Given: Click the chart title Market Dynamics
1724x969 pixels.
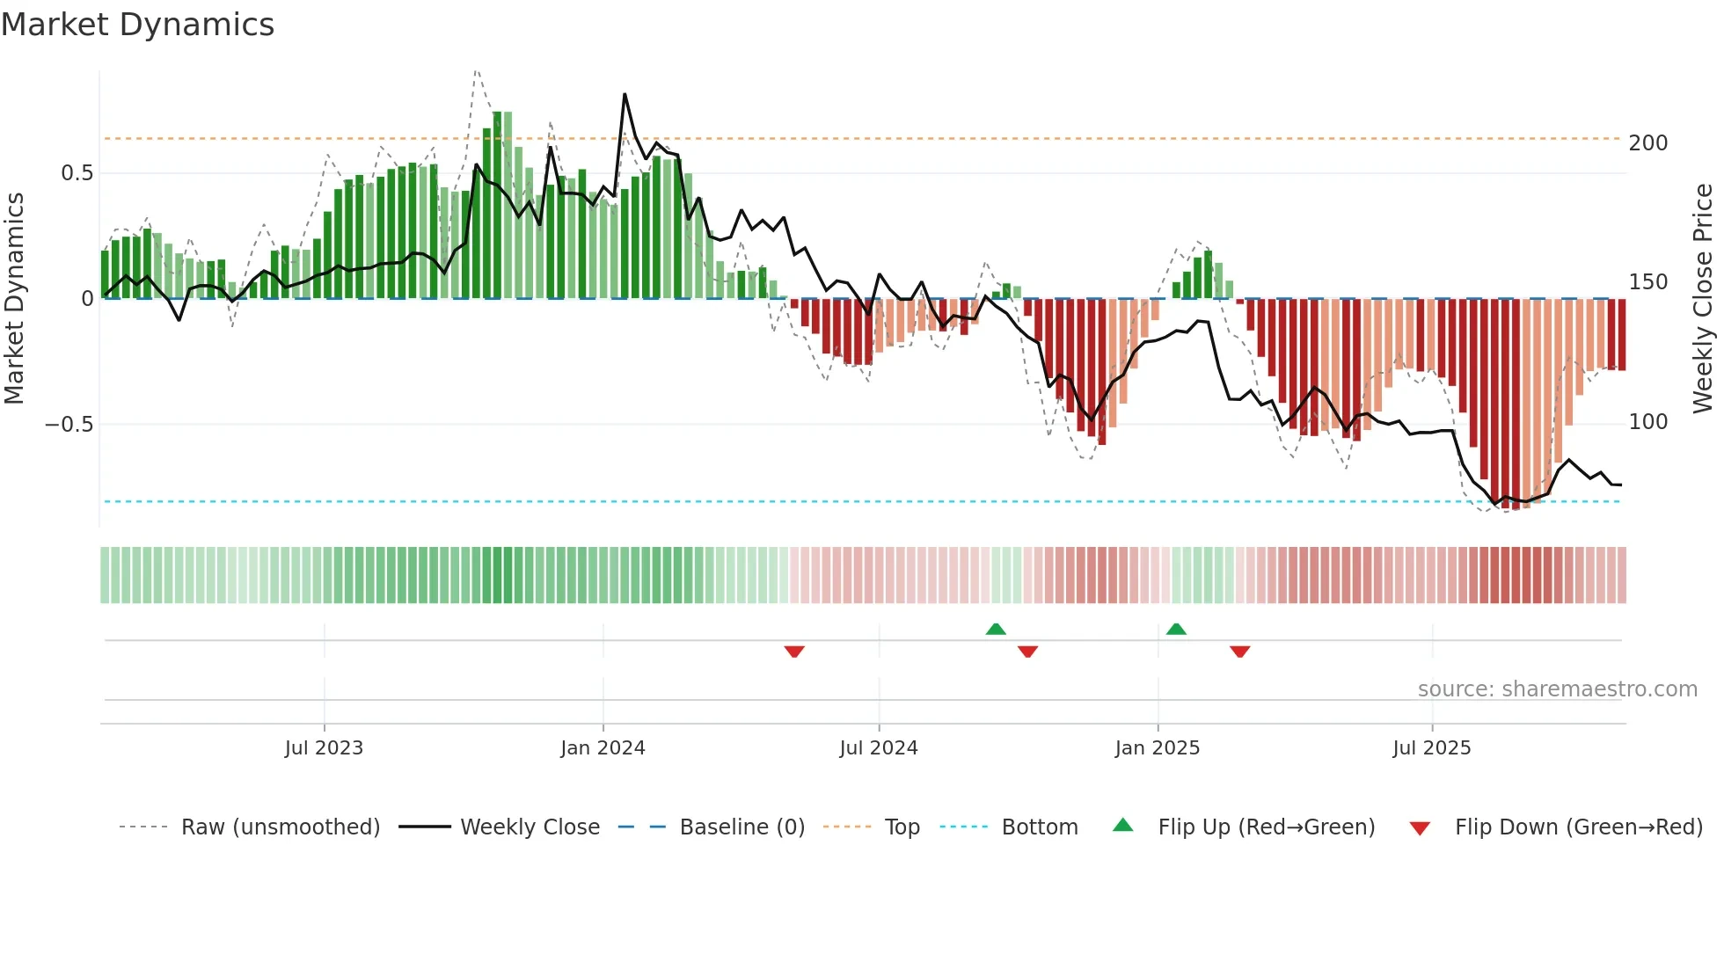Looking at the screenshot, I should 137,25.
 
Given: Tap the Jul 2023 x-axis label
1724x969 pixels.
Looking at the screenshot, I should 324,748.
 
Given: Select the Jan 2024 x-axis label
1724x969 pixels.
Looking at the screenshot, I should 603,748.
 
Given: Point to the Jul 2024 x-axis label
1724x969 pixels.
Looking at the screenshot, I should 878,748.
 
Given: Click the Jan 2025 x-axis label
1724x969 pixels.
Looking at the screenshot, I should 1157,748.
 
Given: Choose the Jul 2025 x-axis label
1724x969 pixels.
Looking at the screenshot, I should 1431,748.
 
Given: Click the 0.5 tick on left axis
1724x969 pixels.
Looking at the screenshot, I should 77,173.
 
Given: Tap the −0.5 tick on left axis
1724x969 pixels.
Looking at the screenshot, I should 69,425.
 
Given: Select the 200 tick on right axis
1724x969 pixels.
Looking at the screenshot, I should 1647,143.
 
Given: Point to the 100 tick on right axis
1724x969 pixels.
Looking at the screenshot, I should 1647,422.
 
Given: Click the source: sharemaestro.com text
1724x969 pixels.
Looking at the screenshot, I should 1557,689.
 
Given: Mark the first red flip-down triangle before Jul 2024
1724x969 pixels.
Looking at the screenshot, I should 794,652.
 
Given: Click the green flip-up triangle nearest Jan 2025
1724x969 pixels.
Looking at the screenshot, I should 1176,629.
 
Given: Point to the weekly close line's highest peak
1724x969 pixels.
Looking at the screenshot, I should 625,94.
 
